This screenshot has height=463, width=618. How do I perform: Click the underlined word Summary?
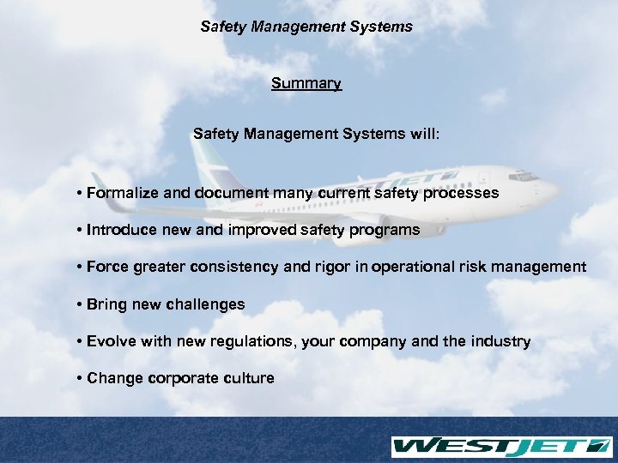pyautogui.click(x=306, y=84)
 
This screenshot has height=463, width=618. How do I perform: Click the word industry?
pyautogui.click(x=501, y=341)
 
